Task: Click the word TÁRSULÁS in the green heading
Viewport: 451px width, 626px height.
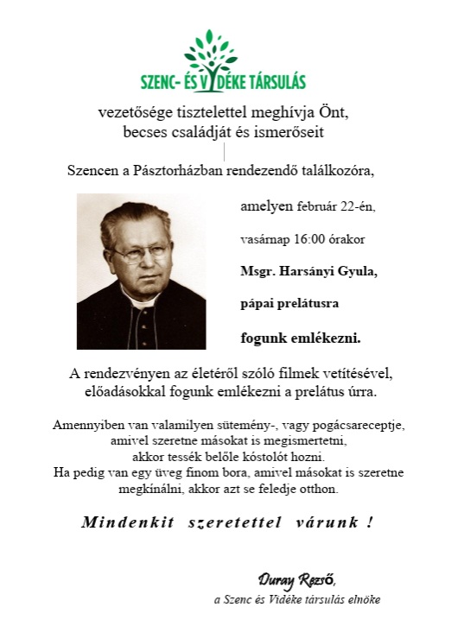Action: tap(271, 83)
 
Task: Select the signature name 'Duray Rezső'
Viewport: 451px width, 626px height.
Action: tap(296, 579)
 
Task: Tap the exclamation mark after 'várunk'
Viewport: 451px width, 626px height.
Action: tap(369, 522)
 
